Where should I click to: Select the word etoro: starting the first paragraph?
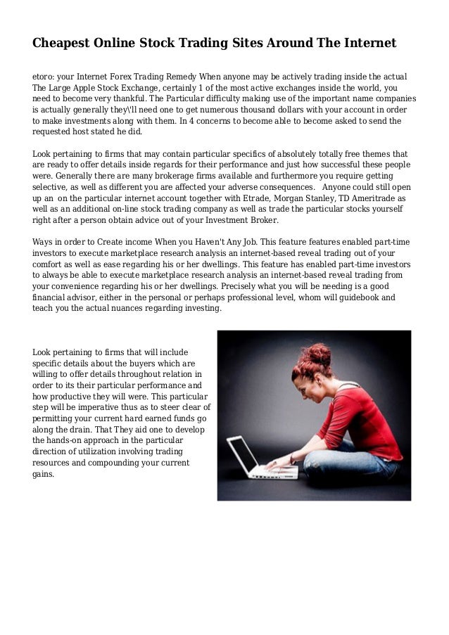pyautogui.click(x=46, y=76)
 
